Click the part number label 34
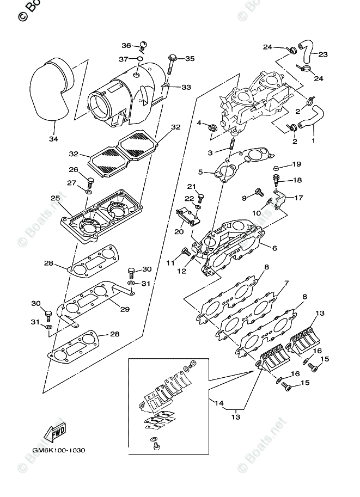click(53, 138)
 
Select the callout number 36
click(126, 46)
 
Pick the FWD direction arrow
click(56, 433)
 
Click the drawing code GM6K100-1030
click(54, 451)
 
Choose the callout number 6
click(274, 248)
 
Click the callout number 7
click(285, 283)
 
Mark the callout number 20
click(178, 231)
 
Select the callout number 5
click(201, 173)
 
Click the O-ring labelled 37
click(140, 59)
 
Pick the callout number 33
click(186, 87)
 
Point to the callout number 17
click(298, 198)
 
